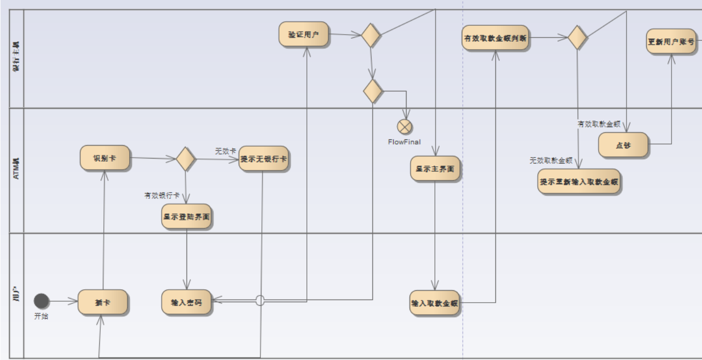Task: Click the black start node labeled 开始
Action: click(x=41, y=301)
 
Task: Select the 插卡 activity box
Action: click(x=102, y=302)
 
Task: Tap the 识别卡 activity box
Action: click(x=104, y=158)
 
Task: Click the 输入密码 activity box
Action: click(x=186, y=302)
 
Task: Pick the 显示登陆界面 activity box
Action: click(x=186, y=217)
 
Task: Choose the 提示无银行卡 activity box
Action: click(x=263, y=159)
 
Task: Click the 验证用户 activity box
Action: click(x=303, y=35)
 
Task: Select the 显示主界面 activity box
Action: click(x=435, y=168)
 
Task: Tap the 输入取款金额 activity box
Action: click(x=435, y=303)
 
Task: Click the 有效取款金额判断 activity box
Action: click(x=495, y=38)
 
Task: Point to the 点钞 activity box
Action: click(x=623, y=145)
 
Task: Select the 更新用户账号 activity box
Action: click(x=671, y=41)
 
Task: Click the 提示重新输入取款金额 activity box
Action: click(x=579, y=182)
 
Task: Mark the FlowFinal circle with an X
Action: click(x=404, y=127)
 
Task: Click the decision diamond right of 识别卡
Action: click(x=186, y=159)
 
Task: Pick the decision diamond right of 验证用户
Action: click(x=370, y=35)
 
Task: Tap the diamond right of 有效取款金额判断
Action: click(x=578, y=37)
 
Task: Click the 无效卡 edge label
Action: click(x=225, y=151)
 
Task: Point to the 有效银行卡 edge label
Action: click(x=162, y=196)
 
